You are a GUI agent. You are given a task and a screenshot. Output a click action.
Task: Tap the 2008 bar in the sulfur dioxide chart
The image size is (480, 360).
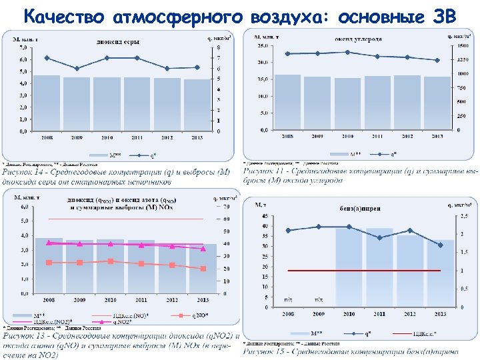pos(47,103)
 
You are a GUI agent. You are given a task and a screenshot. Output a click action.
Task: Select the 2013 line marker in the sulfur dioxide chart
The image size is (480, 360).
pos(197,67)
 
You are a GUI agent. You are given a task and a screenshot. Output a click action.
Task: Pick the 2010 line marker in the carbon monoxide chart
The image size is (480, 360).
pos(347,52)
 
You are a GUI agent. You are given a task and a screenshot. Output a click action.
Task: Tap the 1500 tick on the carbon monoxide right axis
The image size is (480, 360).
pos(461,46)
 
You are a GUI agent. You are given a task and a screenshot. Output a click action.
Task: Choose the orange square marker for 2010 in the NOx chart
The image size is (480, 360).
pos(111,261)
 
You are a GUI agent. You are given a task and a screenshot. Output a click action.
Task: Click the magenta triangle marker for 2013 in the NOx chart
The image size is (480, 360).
pos(203,248)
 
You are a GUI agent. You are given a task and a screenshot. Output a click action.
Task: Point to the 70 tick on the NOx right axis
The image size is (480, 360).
pos(227,207)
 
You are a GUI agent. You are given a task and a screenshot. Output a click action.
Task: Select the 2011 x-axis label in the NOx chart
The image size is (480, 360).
pos(141,300)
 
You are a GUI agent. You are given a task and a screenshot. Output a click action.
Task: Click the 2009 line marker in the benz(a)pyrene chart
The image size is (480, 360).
pos(319,227)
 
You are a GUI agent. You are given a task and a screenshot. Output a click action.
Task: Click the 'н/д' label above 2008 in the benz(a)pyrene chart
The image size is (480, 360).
pos(289,301)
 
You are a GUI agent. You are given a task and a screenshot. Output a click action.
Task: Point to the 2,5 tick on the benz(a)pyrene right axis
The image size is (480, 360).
pos(463,217)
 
